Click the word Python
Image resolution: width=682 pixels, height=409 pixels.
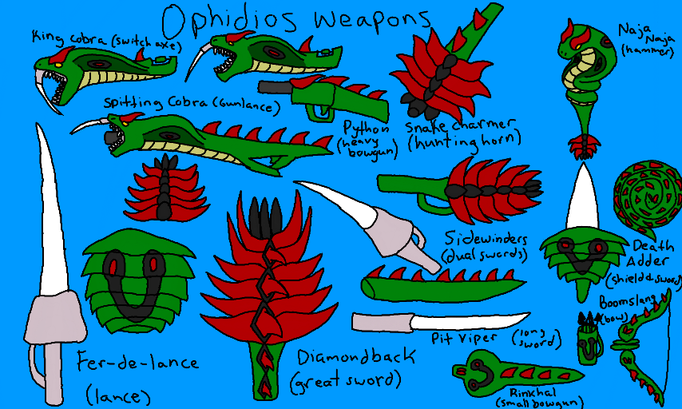click(366, 128)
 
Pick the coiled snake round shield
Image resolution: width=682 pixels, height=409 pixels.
click(648, 196)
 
